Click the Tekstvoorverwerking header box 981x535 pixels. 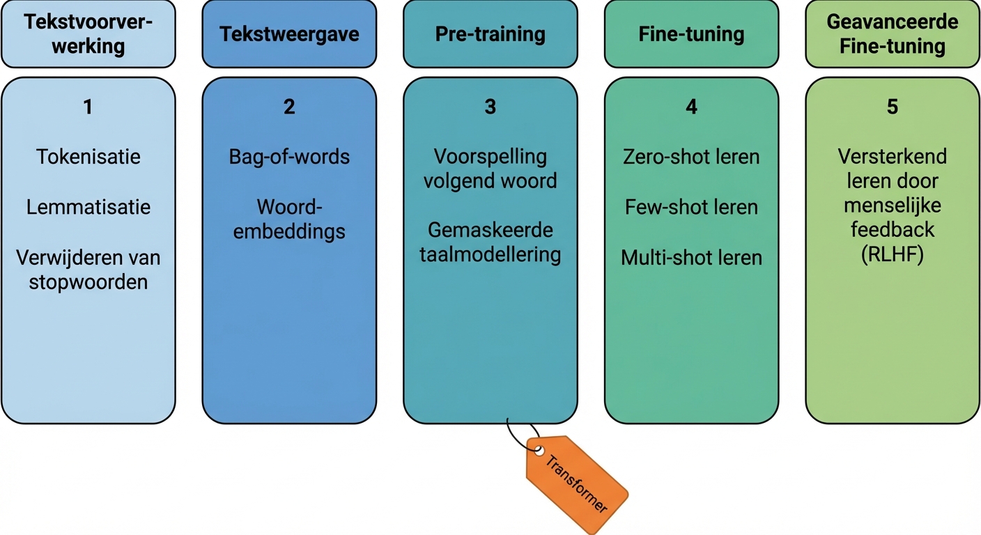pos(88,34)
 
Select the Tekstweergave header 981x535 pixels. pos(289,34)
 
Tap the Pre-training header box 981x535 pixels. pos(490,34)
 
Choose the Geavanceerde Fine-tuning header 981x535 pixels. pos(893,34)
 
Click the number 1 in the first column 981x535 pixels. pos(88,107)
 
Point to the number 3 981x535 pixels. pos(490,107)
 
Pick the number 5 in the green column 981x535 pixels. pos(893,107)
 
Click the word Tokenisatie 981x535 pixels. pos(88,157)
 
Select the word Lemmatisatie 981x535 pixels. pos(88,207)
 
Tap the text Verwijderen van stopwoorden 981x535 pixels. pos(88,270)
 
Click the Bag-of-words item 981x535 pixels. pos(289,157)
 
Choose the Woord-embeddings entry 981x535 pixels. pos(289,219)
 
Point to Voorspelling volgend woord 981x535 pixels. pos(490,169)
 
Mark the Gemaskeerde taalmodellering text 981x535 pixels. pos(490,242)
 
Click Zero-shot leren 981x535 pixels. pos(691,157)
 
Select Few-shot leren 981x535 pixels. pos(691,207)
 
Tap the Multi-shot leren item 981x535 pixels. pos(691,258)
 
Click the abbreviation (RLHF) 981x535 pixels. pos(893,256)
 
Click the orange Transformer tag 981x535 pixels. pos(578,483)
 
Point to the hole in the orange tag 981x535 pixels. pos(539,451)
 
